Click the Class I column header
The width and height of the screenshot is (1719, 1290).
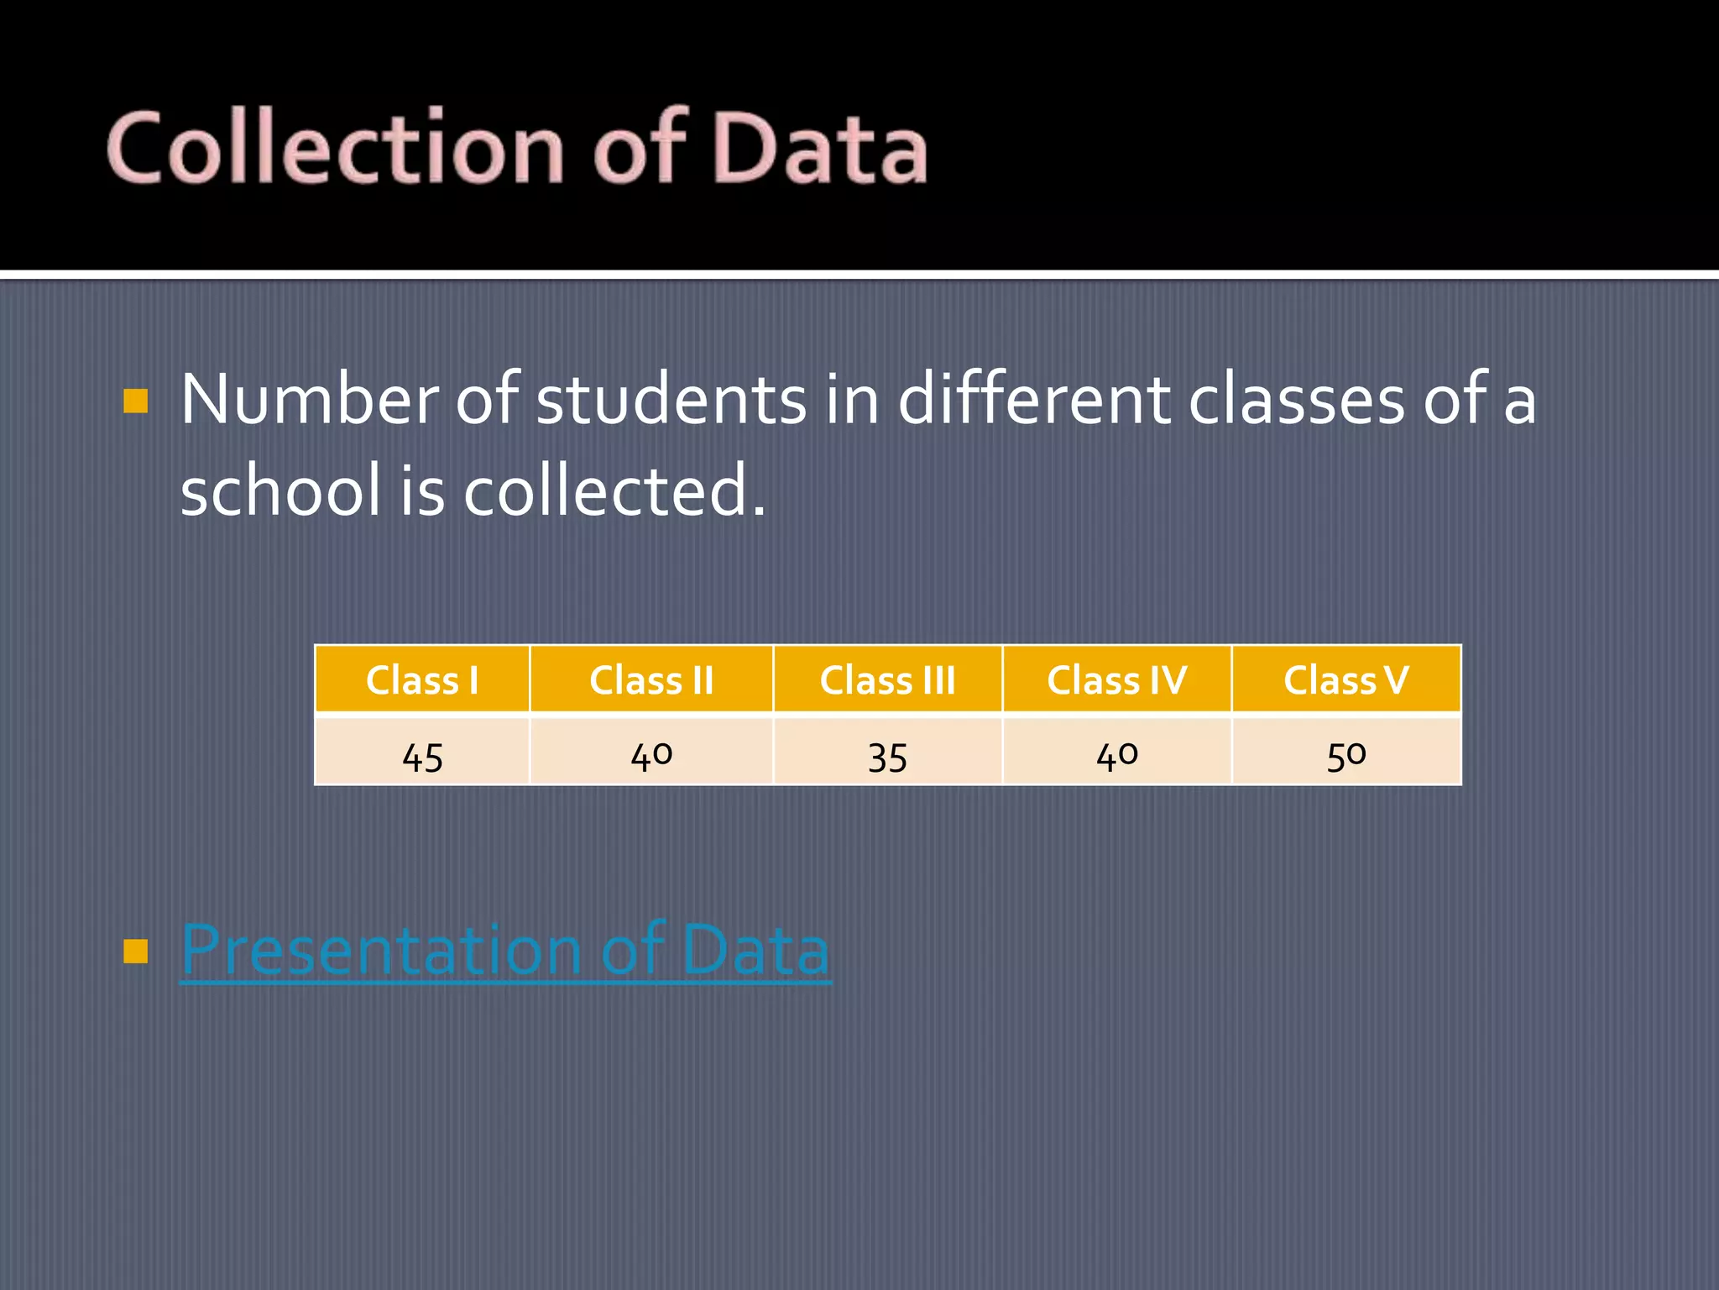(422, 679)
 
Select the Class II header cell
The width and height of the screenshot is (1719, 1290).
(651, 679)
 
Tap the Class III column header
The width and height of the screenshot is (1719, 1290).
(887, 679)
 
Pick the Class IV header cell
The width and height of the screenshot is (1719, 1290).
(1116, 679)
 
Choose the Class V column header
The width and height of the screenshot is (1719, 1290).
(1345, 679)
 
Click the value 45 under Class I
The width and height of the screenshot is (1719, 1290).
(422, 757)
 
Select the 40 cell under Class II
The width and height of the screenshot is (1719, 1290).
(651, 755)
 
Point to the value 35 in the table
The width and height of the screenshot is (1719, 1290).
(887, 757)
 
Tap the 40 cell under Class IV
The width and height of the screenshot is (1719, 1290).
(1116, 755)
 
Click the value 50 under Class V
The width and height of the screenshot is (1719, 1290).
(1345, 755)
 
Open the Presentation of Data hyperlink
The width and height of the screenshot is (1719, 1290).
(505, 950)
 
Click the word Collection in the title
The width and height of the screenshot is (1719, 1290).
(336, 149)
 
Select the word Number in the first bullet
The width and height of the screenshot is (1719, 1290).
(309, 400)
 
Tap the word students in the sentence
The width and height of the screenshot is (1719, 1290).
(671, 400)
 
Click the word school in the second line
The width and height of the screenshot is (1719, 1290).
(280, 490)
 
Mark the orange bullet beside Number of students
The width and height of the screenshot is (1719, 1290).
(136, 401)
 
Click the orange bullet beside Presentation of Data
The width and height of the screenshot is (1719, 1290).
(136, 951)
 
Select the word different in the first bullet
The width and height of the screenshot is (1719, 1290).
(1034, 400)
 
